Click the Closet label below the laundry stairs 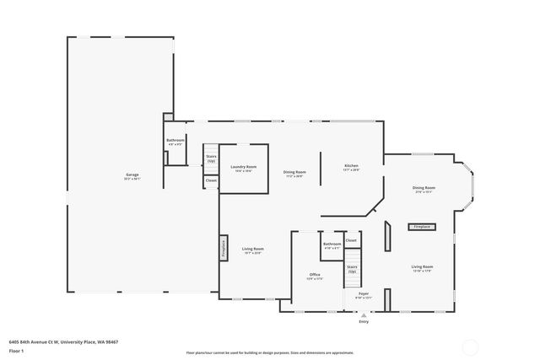[211, 180]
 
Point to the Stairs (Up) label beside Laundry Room [211, 158]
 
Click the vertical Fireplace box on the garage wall [224, 248]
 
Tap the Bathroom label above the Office [332, 244]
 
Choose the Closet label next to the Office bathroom [351, 240]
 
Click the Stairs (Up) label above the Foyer [352, 270]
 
